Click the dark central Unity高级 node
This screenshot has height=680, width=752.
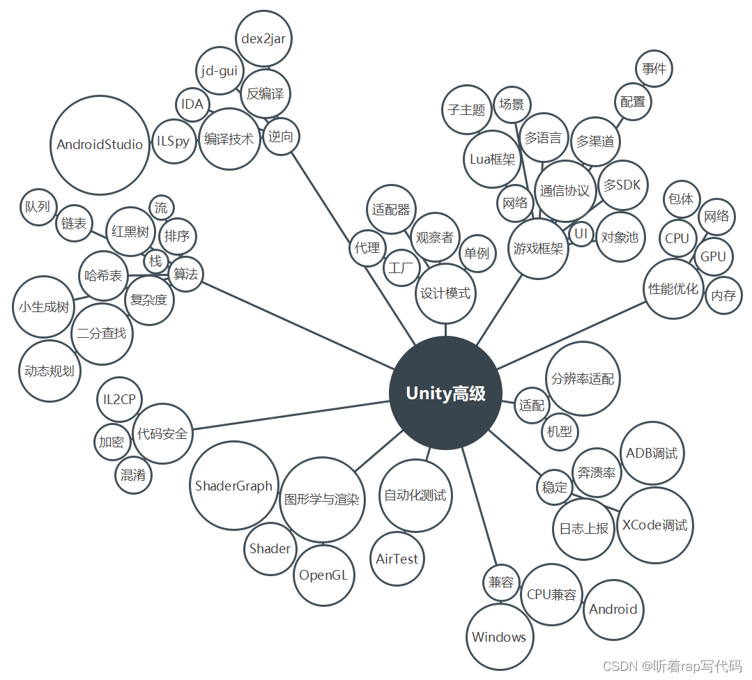click(x=445, y=393)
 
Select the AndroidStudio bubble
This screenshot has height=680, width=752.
click(x=100, y=145)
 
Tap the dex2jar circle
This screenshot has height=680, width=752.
click(x=263, y=39)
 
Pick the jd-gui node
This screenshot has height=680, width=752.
click(x=219, y=70)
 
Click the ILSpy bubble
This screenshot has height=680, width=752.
click(x=173, y=141)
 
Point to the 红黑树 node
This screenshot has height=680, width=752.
click(x=130, y=231)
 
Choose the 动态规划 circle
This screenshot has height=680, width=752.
click(x=49, y=371)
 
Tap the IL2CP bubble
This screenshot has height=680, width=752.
click(x=119, y=400)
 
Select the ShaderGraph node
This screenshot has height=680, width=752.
click(x=233, y=486)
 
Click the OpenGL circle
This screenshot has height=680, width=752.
click(x=323, y=575)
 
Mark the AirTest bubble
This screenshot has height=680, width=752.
click(x=397, y=559)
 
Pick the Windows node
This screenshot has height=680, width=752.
click(x=499, y=637)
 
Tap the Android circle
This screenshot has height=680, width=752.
click(x=613, y=609)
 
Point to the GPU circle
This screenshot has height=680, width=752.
click(x=713, y=256)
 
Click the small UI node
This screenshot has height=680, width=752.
click(x=581, y=234)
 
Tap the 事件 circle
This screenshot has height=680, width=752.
click(x=654, y=69)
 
